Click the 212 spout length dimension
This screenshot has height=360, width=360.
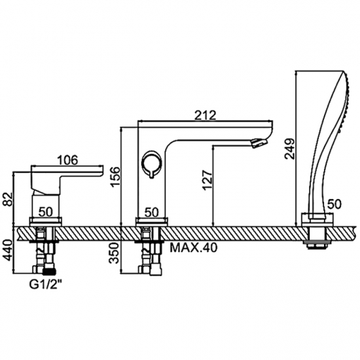click(x=205, y=115)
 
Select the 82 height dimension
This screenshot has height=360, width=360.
click(x=9, y=199)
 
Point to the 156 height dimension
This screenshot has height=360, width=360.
click(x=115, y=177)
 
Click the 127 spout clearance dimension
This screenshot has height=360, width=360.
click(x=207, y=180)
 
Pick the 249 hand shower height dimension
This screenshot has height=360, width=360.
click(x=289, y=149)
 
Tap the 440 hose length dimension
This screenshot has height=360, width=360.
click(x=9, y=250)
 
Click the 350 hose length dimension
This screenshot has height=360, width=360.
click(x=115, y=253)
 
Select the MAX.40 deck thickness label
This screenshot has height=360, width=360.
click(x=193, y=247)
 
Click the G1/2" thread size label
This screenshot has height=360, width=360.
click(x=46, y=285)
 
